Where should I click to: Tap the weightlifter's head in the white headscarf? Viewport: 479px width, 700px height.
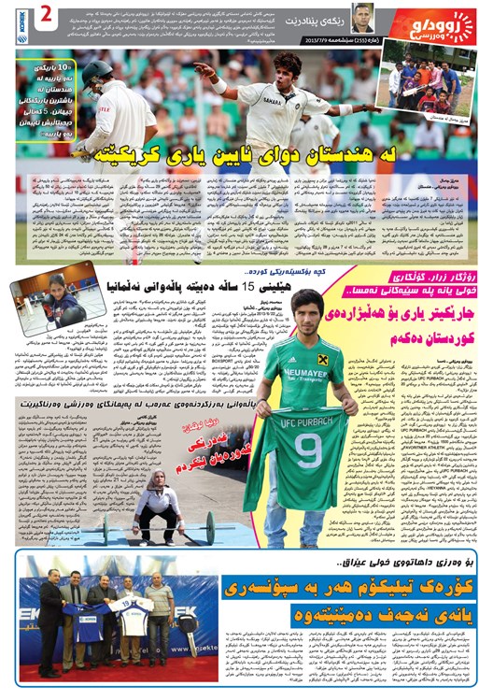pyautogui.click(x=154, y=482)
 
